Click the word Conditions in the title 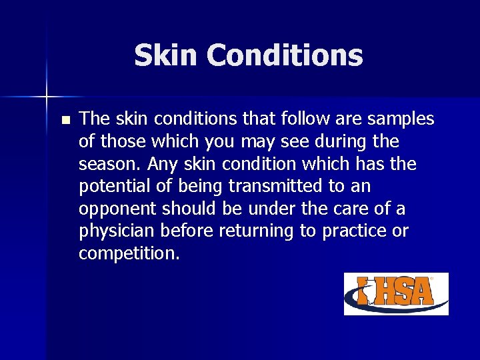tap(285, 56)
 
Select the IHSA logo tap(396, 294)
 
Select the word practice tap(353, 231)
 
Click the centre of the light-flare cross tap(47, 97)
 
